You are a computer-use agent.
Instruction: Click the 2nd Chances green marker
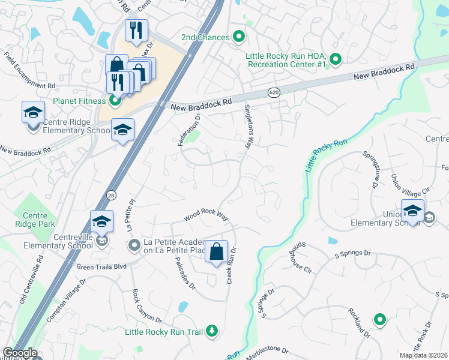click(239, 37)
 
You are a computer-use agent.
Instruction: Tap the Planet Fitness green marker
click(114, 101)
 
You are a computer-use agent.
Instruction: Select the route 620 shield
click(273, 92)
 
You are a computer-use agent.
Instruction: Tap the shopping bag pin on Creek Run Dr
click(217, 252)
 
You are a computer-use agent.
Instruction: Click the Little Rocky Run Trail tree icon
click(211, 331)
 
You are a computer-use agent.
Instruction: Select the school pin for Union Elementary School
click(412, 212)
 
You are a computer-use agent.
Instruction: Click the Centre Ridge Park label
click(39, 220)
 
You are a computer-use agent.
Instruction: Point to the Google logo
click(20, 353)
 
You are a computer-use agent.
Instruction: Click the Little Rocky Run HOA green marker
click(336, 59)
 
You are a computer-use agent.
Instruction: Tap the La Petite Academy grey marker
click(134, 245)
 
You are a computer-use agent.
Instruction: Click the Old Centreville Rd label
click(32, 278)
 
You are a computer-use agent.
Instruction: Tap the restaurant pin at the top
click(136, 31)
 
